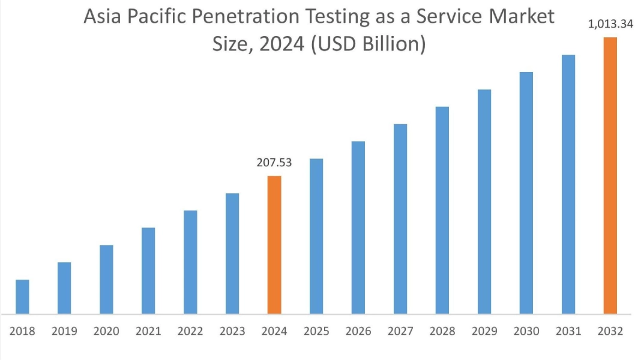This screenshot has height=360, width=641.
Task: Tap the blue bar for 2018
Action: click(x=22, y=296)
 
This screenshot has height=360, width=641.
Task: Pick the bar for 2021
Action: click(x=148, y=271)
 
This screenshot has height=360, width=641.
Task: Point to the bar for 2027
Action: click(x=400, y=218)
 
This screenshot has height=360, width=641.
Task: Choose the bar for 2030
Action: click(x=526, y=193)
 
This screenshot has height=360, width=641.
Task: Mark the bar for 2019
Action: click(x=64, y=288)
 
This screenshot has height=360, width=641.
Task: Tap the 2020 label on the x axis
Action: click(x=106, y=331)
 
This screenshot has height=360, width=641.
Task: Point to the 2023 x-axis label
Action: click(x=232, y=331)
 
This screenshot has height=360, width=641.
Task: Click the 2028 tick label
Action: click(x=442, y=331)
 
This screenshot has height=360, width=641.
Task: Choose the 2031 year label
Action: click(x=568, y=331)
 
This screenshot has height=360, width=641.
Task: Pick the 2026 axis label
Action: click(x=358, y=331)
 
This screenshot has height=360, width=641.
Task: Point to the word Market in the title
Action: click(x=520, y=17)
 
